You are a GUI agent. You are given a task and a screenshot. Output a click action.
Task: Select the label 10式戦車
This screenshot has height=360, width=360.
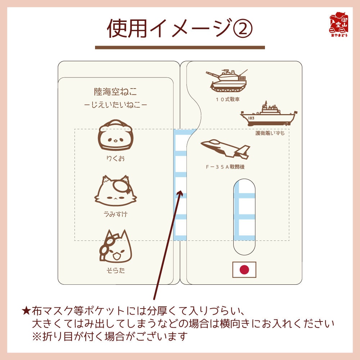click(x=227, y=99)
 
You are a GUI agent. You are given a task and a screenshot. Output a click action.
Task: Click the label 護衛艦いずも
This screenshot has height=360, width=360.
click(x=270, y=133)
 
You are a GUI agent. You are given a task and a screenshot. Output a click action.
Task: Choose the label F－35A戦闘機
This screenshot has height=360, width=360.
click(x=225, y=167)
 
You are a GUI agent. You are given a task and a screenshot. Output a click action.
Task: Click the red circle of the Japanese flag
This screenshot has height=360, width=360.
click(x=244, y=269)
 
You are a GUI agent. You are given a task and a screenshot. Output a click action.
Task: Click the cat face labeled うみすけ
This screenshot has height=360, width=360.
click(x=113, y=191)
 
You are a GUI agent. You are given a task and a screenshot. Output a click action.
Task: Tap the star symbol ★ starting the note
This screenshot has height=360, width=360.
click(x=27, y=310)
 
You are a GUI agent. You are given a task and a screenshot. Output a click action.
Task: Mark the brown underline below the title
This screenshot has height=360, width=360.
click(x=180, y=47)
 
